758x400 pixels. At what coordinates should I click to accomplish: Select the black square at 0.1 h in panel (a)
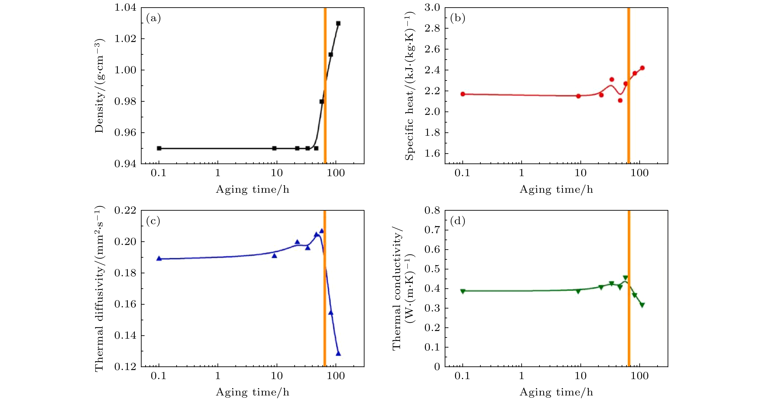159,148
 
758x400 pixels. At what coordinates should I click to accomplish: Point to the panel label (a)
153,18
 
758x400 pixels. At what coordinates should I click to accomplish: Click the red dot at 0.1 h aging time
463,94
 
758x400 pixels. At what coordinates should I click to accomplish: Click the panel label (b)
458,18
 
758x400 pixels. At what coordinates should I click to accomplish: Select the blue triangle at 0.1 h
159,259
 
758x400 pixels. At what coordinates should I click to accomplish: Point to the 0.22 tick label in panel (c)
125,210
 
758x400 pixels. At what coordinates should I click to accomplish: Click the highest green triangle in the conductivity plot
625,278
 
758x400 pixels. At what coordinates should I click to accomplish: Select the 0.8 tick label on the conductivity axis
432,210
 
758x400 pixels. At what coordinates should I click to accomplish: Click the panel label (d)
458,221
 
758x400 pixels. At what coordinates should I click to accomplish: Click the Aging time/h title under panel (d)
556,392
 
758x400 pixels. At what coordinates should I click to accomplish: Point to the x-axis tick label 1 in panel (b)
521,173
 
